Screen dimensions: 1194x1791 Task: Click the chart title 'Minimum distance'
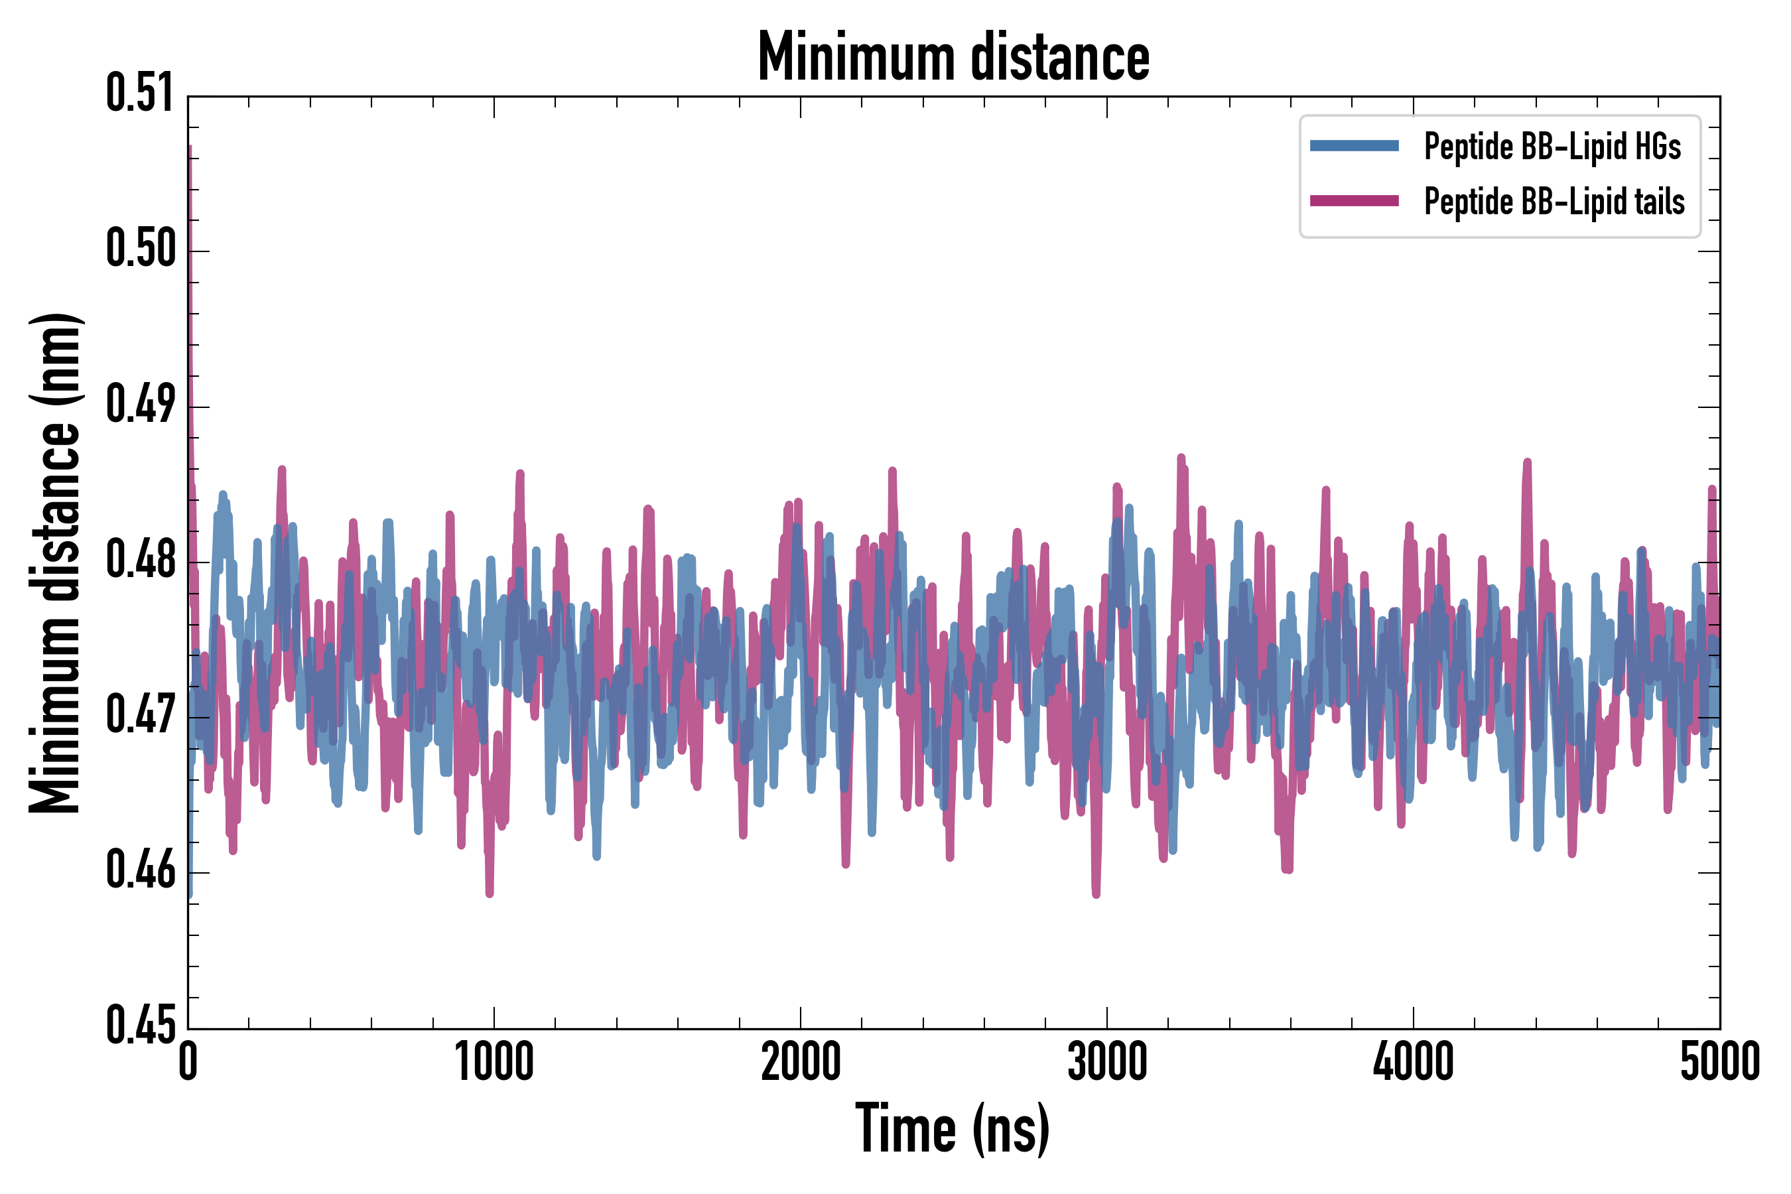(x=953, y=56)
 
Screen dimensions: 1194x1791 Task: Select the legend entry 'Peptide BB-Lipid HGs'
(x=1552, y=146)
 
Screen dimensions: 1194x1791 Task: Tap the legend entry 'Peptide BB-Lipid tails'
(x=1554, y=202)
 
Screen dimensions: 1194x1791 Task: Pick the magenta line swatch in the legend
(x=1354, y=201)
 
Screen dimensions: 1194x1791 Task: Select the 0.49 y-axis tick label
(x=141, y=405)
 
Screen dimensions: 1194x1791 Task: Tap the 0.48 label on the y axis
(x=141, y=560)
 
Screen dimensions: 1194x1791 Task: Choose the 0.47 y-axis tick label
(x=141, y=715)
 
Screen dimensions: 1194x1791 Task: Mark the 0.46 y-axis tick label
(x=141, y=870)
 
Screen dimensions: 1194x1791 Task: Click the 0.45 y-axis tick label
(x=141, y=1026)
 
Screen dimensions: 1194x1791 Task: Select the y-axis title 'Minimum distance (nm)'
(x=55, y=563)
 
